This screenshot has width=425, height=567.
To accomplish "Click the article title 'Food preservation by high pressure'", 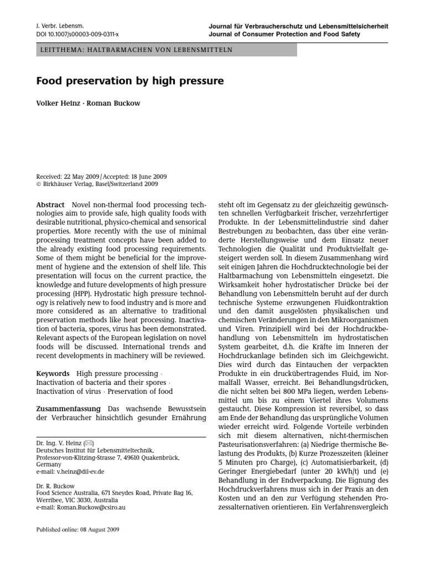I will point(130,81).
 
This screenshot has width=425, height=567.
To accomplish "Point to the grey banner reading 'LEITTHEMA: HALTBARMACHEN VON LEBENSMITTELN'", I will point(166,50).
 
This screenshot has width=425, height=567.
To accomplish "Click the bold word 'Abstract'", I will point(50,204).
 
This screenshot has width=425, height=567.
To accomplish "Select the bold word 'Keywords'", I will point(53,374).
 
